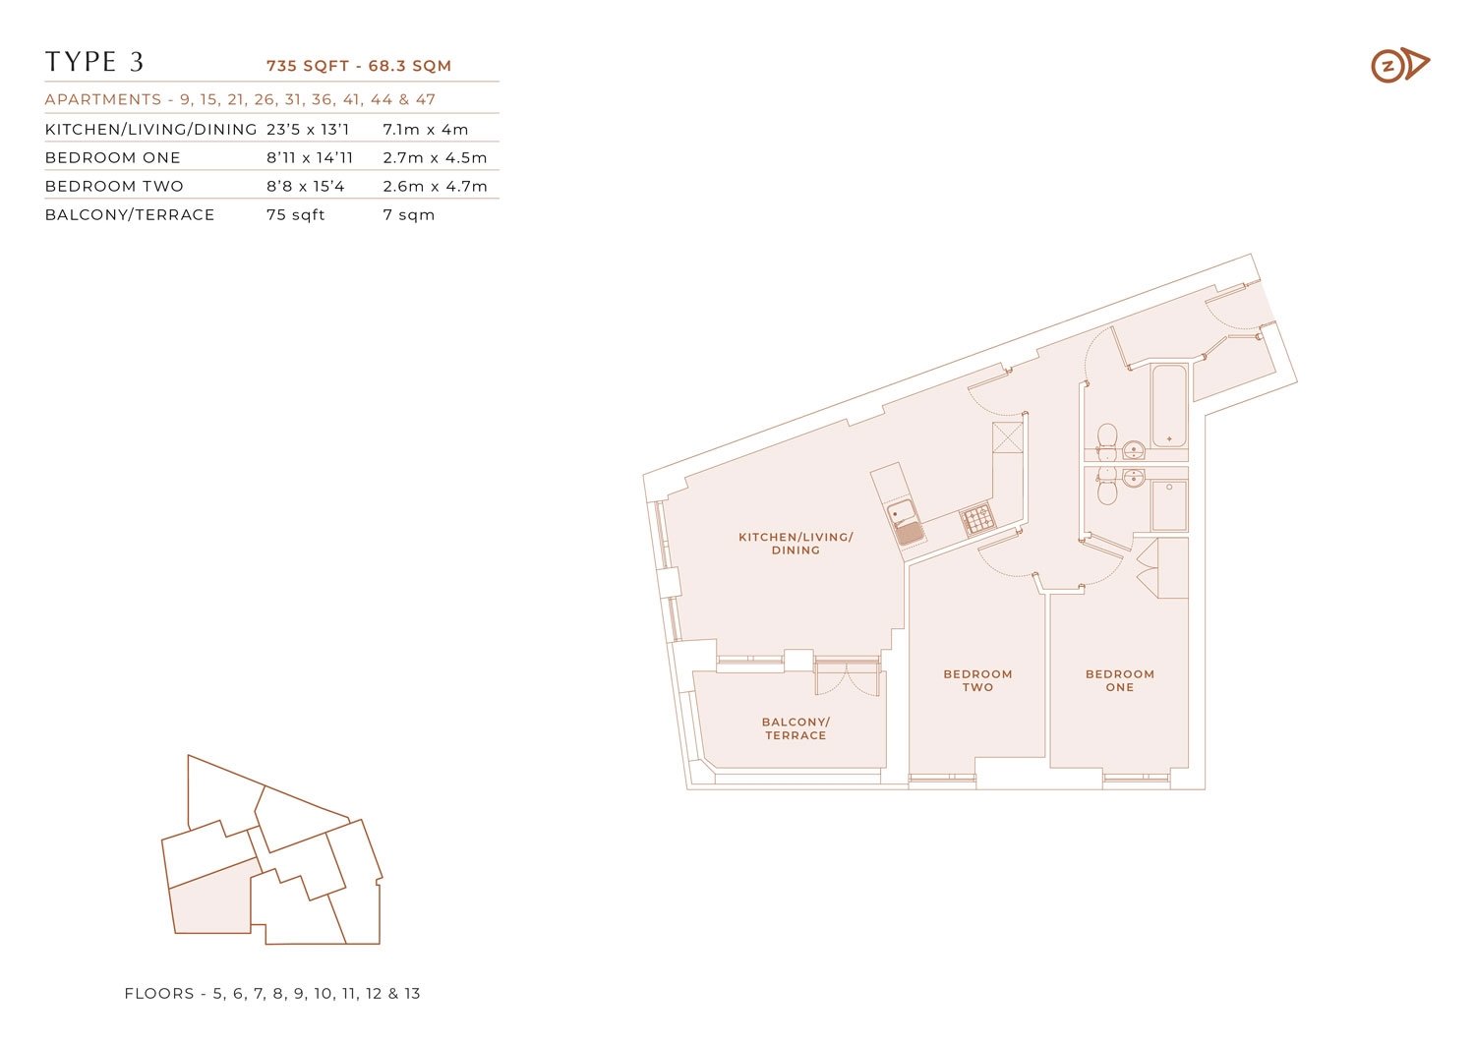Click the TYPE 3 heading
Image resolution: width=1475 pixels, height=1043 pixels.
[x=94, y=62]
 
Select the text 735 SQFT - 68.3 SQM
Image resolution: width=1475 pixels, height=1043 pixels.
[x=359, y=66]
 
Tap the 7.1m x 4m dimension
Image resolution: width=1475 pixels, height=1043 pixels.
[x=426, y=129]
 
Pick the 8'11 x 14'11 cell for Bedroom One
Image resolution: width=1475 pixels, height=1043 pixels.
[x=310, y=157]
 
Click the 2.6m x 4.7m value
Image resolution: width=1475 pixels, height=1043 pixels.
[x=435, y=187]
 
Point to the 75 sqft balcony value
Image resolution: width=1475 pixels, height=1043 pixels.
[x=295, y=214]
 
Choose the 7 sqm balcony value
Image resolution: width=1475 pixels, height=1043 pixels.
[x=408, y=214]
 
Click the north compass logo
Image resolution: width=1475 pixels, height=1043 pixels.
[x=1400, y=65]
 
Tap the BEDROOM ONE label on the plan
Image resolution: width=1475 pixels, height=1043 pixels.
[x=1119, y=680]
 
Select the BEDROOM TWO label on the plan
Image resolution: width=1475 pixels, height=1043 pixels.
[x=977, y=680]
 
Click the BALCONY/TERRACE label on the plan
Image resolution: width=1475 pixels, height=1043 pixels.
[x=796, y=728]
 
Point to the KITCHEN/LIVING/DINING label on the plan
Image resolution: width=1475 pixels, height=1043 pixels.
[x=796, y=544]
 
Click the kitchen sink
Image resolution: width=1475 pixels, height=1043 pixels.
[x=905, y=522]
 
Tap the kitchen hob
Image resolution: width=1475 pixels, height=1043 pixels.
[x=977, y=519]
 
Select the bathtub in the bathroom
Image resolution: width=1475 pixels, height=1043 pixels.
[x=1169, y=406]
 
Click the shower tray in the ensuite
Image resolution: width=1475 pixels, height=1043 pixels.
[x=1169, y=505]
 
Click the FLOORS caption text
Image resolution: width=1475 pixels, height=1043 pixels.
[x=272, y=993]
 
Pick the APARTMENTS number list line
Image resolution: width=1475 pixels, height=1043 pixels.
[x=240, y=99]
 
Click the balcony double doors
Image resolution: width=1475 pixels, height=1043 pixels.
[x=847, y=678]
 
